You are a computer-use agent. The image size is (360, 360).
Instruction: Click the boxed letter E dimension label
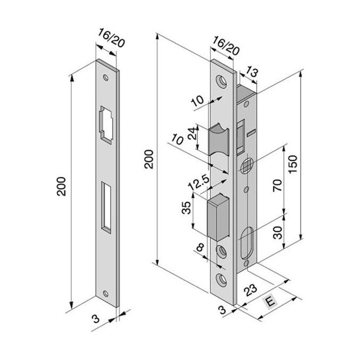(x=271, y=301)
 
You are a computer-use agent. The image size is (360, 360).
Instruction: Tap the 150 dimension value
(x=293, y=165)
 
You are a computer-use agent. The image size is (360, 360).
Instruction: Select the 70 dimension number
(x=277, y=185)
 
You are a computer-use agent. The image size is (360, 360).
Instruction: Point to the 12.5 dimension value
(x=199, y=183)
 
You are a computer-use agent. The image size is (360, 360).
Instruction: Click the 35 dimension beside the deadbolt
(x=186, y=208)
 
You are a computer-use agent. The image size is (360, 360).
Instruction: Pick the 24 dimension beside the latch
(x=192, y=133)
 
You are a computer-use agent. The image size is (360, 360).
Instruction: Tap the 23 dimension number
(x=250, y=290)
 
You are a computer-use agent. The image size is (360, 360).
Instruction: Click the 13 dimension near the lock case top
(x=251, y=72)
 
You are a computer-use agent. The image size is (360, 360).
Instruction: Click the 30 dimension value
(x=278, y=232)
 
